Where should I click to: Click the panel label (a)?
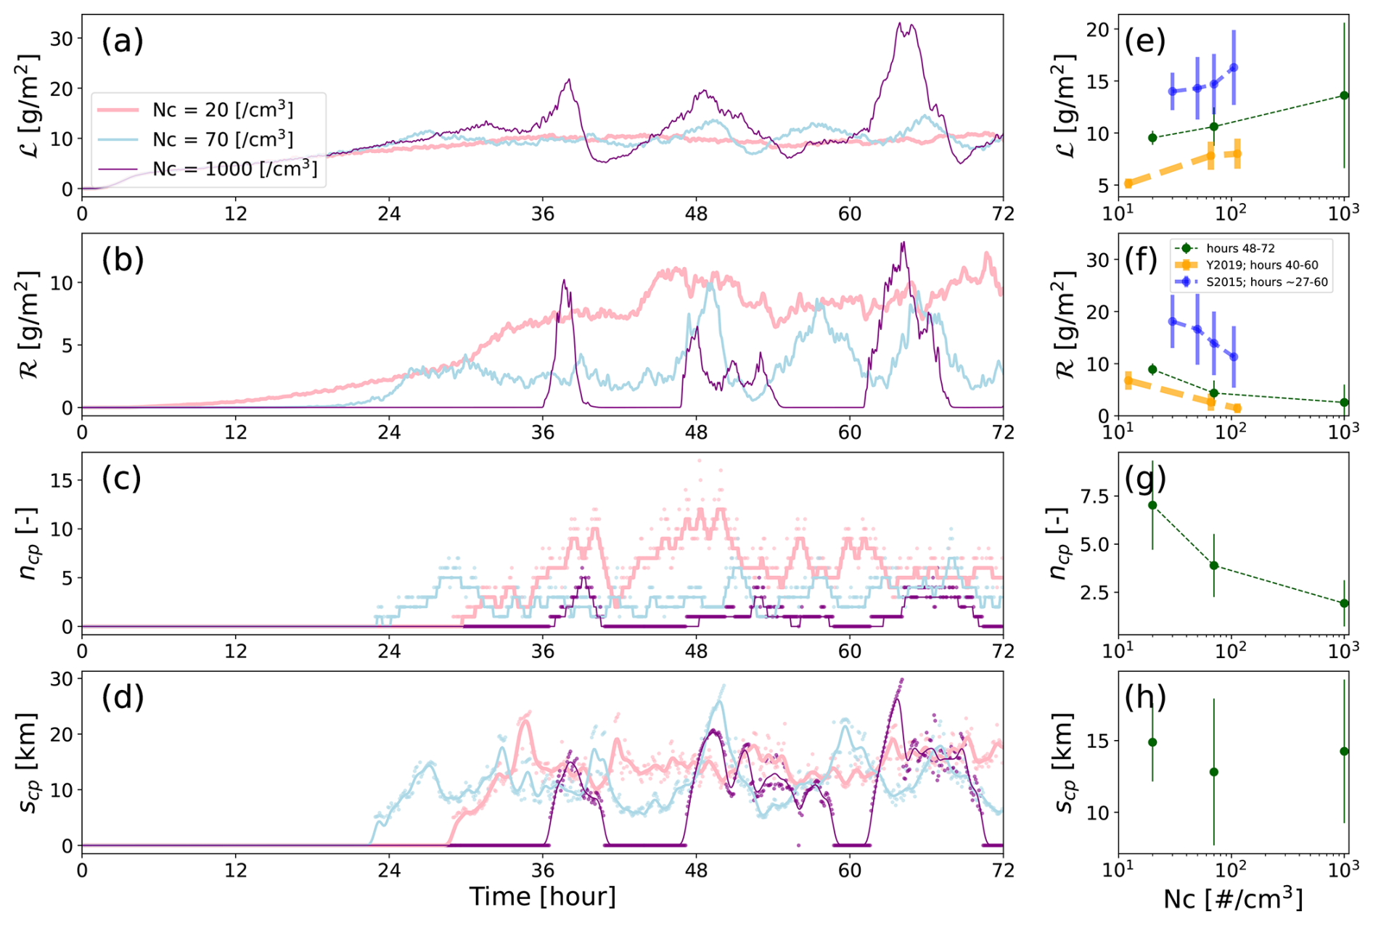122,41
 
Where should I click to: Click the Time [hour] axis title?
542,897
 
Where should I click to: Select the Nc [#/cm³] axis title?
1232,898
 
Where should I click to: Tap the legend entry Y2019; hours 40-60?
1262,266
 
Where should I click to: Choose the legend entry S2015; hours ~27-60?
1267,282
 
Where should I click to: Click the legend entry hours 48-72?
1240,248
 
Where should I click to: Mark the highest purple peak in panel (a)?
900,23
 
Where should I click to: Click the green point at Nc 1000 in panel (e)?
1344,95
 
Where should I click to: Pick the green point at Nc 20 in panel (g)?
1152,505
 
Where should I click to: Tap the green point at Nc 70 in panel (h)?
1214,772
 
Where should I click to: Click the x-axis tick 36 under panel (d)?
543,870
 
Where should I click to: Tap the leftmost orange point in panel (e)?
1128,184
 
